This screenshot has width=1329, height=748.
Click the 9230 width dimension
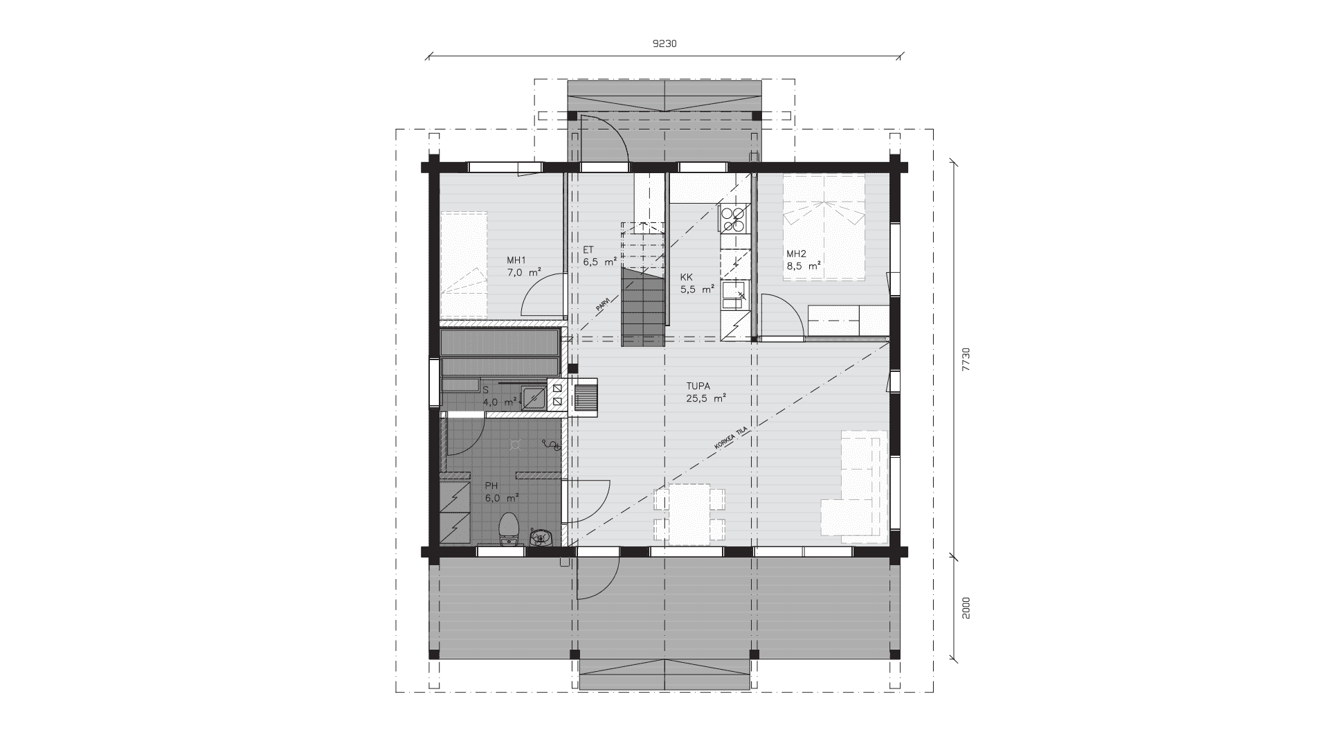pyautogui.click(x=664, y=44)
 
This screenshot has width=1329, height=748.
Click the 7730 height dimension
pyautogui.click(x=967, y=359)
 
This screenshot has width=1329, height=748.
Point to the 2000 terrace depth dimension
pyautogui.click(x=967, y=607)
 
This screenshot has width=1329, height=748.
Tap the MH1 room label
pyautogui.click(x=516, y=260)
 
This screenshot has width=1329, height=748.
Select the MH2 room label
pyautogui.click(x=796, y=253)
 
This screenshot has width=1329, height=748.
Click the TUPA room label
pyautogui.click(x=698, y=386)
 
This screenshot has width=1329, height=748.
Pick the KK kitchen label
pyautogui.click(x=686, y=277)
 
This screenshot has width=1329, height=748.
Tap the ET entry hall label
pyautogui.click(x=588, y=250)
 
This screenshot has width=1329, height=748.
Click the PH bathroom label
pyautogui.click(x=491, y=486)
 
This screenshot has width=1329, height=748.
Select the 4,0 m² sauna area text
pyautogui.click(x=501, y=401)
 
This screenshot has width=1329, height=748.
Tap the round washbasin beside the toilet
pyautogui.click(x=541, y=537)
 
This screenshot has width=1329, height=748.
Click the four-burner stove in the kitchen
pyautogui.click(x=734, y=219)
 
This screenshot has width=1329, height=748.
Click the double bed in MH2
pyautogui.click(x=824, y=227)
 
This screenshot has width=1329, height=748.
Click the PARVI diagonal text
pyautogui.click(x=604, y=305)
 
